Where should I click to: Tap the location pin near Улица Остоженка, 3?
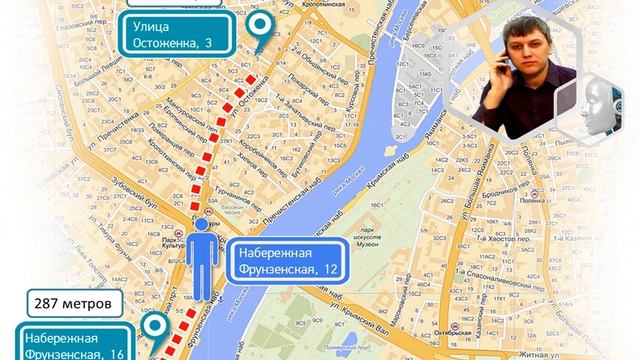(261, 27)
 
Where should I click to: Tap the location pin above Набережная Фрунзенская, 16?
(155, 325)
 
